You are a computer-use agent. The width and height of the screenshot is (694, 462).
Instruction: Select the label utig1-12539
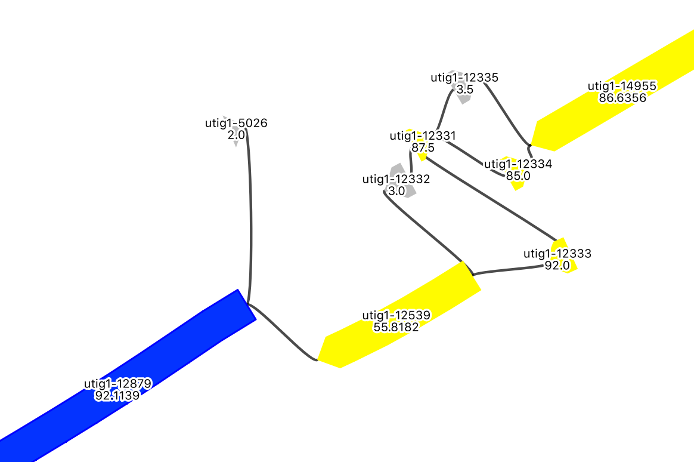pyautogui.click(x=396, y=315)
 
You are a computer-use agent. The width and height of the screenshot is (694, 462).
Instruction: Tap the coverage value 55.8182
pyautogui.click(x=396, y=327)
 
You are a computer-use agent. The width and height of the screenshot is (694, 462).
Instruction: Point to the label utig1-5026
pyautogui.click(x=236, y=124)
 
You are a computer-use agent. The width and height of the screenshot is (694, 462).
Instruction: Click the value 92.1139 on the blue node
pyautogui.click(x=117, y=395)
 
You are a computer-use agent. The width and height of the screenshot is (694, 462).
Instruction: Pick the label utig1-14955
pyautogui.click(x=622, y=86)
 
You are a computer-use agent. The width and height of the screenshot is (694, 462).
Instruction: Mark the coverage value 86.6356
pyautogui.click(x=622, y=98)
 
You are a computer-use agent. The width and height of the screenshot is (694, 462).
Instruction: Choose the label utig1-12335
pyautogui.click(x=464, y=77)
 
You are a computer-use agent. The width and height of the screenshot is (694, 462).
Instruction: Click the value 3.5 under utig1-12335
pyautogui.click(x=464, y=89)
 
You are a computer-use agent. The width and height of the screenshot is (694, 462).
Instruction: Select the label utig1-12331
pyautogui.click(x=423, y=135)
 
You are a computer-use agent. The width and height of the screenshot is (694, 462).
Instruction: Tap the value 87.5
pyautogui.click(x=423, y=147)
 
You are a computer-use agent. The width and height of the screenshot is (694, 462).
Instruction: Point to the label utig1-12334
pyautogui.click(x=518, y=164)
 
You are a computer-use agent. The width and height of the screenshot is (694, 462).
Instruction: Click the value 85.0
pyautogui.click(x=518, y=176)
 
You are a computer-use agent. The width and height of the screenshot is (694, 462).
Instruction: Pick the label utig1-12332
pyautogui.click(x=396, y=178)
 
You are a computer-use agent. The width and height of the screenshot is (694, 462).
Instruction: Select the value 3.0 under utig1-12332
pyautogui.click(x=396, y=191)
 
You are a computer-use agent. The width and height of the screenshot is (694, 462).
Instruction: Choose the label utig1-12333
pyautogui.click(x=557, y=253)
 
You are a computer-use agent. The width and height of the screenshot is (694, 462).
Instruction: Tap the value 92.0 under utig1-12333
pyautogui.click(x=557, y=266)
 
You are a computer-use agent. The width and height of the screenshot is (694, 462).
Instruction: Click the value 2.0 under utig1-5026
pyautogui.click(x=236, y=135)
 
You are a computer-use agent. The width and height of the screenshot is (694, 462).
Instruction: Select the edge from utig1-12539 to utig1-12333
pyautogui.click(x=507, y=270)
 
